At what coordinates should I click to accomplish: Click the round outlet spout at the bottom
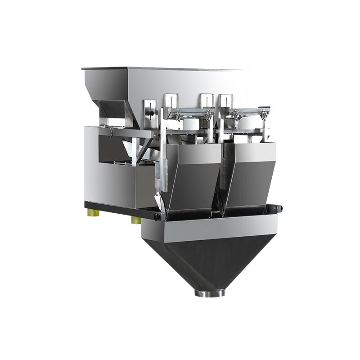(x=209, y=293)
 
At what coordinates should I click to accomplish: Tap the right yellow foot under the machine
(x=135, y=220)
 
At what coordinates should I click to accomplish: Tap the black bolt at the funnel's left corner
(x=157, y=216)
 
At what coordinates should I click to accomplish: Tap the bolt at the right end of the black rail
(x=279, y=208)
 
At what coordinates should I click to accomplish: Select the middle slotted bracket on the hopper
(x=206, y=100)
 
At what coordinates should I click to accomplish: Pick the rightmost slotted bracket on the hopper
(x=225, y=100)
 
